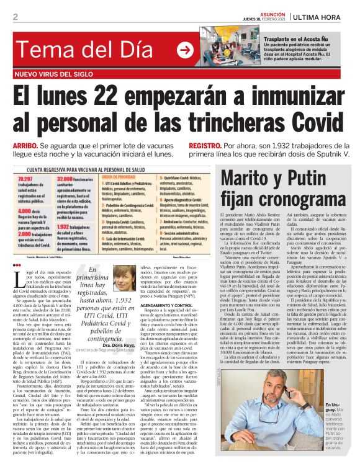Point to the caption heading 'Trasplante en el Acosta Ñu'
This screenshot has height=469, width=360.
point(298,39)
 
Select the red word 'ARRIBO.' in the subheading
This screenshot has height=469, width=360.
point(26,144)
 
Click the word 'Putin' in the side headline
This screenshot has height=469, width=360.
point(316,180)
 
